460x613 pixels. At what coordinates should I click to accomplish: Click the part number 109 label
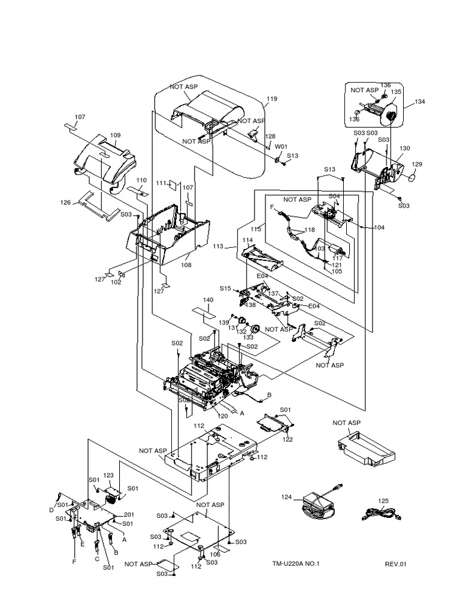click(115, 135)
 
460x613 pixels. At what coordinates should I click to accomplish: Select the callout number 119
click(272, 99)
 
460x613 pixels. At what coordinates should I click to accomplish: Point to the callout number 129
click(416, 164)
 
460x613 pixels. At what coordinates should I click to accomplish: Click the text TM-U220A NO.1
click(296, 563)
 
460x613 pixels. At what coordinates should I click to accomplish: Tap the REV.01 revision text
click(395, 563)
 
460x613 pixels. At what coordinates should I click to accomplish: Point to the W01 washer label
click(280, 146)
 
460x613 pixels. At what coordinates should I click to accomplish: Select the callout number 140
click(208, 299)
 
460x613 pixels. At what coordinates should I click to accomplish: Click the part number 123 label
click(108, 475)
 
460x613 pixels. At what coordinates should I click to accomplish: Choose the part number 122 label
click(287, 439)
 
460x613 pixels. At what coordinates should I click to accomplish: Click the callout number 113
click(218, 245)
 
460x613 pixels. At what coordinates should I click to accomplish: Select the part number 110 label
click(141, 180)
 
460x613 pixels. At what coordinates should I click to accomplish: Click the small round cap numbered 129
click(412, 177)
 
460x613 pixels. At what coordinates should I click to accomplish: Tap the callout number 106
click(214, 554)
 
